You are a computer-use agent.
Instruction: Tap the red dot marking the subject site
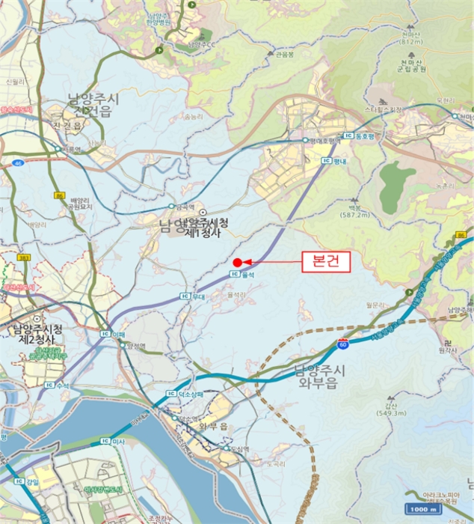point(237,262)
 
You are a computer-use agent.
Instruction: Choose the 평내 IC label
point(334,160)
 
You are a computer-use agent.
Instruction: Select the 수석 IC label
point(58,386)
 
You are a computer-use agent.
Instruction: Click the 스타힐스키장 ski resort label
point(383,109)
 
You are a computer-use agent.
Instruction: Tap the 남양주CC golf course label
point(202,44)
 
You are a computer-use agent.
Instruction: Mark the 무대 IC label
point(192,296)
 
